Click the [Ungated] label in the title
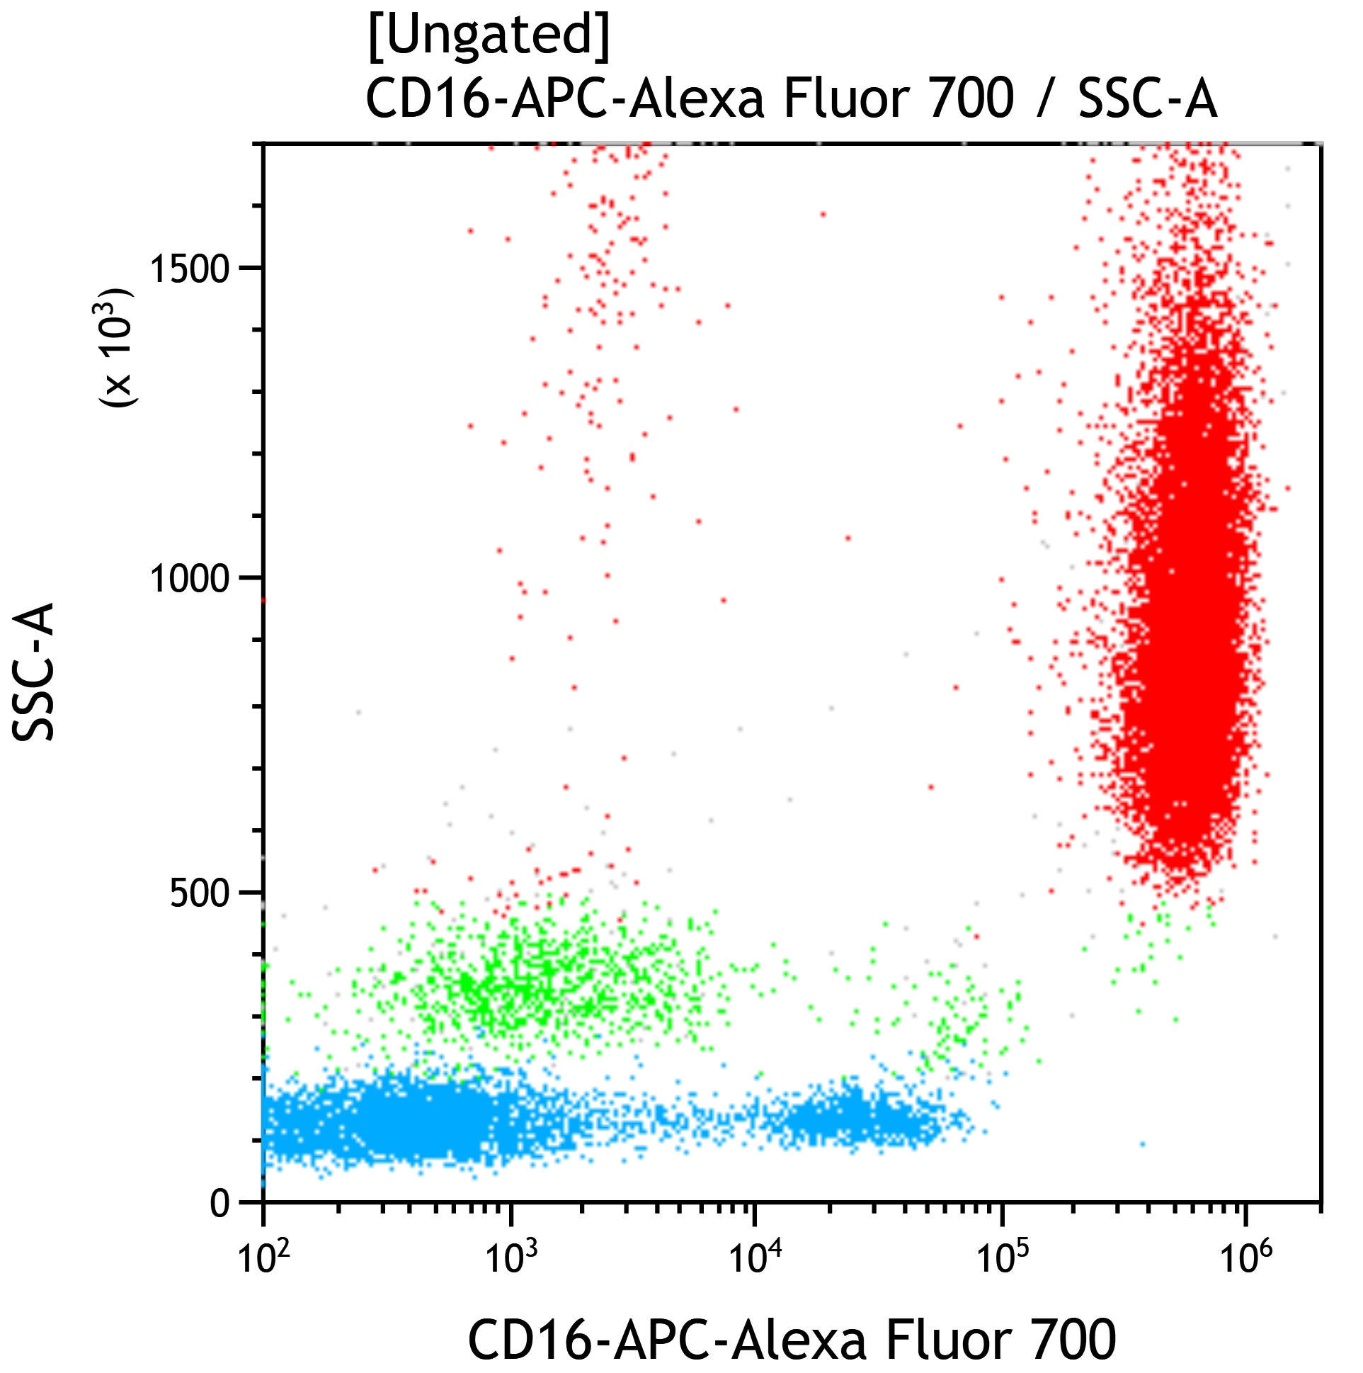489,36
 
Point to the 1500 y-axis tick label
190,268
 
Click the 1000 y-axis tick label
190,579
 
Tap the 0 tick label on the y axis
220,1204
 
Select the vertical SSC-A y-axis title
34,672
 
